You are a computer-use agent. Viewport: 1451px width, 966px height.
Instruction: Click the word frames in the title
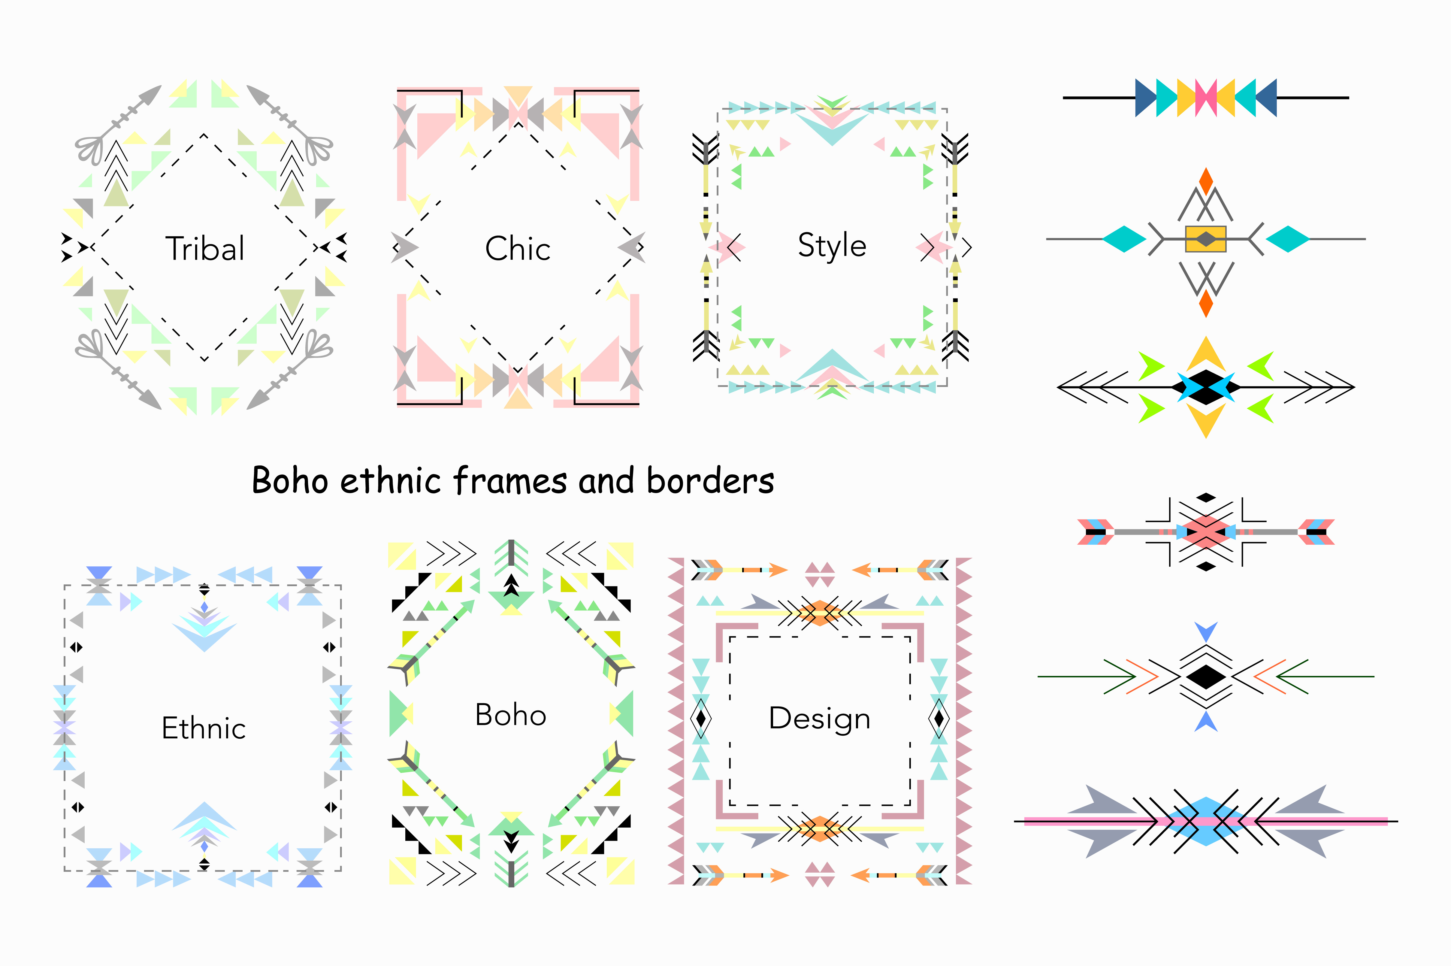pyautogui.click(x=510, y=480)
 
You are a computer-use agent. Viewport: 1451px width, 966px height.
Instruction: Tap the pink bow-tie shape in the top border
pyautogui.click(x=1206, y=97)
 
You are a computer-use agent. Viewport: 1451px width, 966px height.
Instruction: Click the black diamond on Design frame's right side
pyautogui.click(x=939, y=718)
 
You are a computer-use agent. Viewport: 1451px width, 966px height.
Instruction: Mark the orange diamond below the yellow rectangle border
pyautogui.click(x=1206, y=303)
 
